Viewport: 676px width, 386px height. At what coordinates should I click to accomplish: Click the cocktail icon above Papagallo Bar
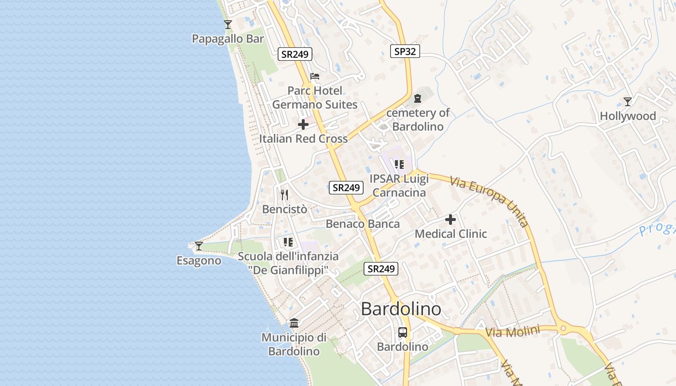[x=228, y=24]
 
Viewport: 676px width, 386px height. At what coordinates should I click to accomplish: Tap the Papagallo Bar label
[x=228, y=39]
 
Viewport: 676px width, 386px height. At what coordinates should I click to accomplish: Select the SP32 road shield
[x=405, y=51]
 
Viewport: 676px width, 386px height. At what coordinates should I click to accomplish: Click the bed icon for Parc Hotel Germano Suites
[x=315, y=76]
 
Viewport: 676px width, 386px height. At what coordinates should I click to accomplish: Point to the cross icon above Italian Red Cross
[x=303, y=124]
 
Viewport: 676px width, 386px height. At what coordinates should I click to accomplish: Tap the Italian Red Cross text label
[x=303, y=139]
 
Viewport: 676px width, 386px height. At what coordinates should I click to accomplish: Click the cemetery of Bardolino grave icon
[x=418, y=98]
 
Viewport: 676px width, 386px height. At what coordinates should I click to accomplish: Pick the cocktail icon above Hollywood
[x=627, y=101]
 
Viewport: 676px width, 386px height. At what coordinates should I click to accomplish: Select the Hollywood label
[x=628, y=116]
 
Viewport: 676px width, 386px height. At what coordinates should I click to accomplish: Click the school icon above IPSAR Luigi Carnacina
[x=399, y=165]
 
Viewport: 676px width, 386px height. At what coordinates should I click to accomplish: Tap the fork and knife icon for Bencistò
[x=284, y=194]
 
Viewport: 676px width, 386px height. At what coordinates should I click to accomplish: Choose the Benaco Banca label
[x=363, y=224]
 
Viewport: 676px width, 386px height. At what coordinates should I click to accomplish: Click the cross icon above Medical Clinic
[x=451, y=220]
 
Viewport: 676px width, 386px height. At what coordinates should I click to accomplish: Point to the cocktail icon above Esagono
[x=198, y=246]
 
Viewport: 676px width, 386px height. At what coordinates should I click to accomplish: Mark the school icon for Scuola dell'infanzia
[x=288, y=242]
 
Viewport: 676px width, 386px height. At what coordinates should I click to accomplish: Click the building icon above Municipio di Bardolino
[x=294, y=323]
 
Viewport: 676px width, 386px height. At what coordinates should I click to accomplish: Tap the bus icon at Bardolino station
[x=402, y=332]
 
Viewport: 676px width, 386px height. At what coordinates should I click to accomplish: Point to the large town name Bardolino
[x=401, y=309]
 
